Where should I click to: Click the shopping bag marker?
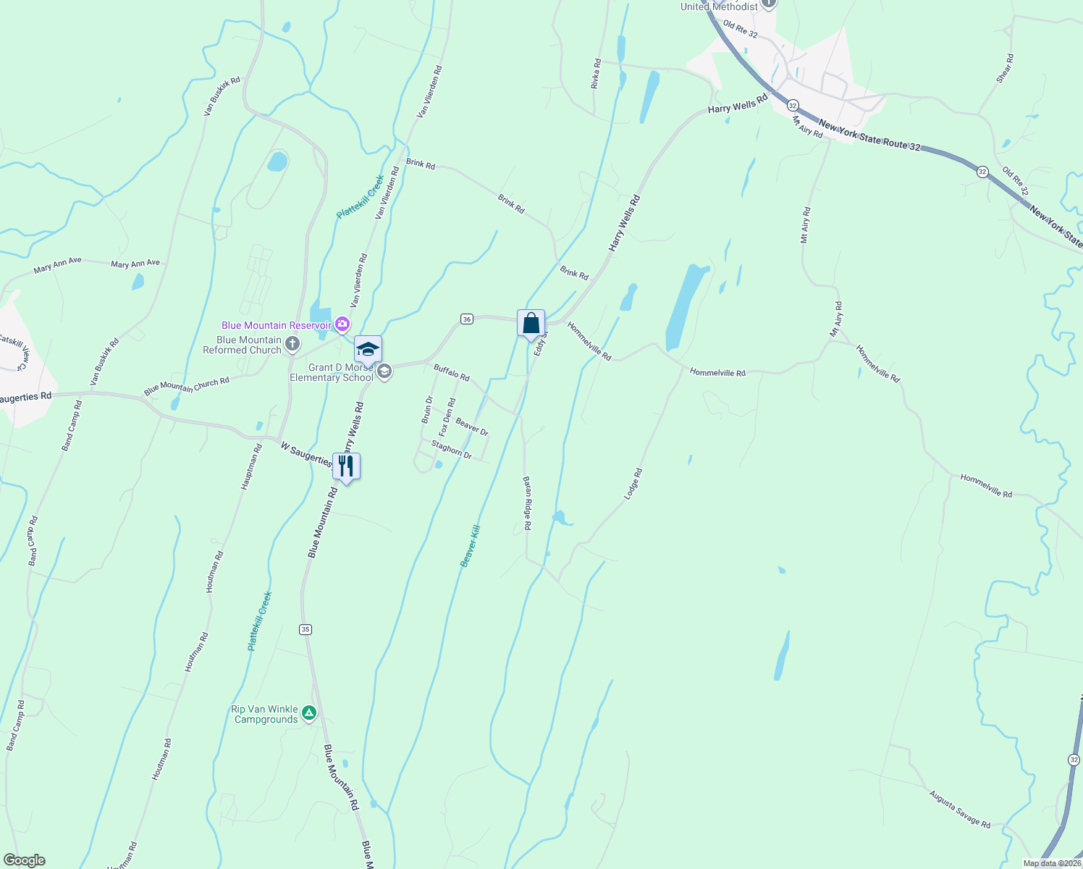[531, 323]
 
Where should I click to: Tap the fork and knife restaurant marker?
[346, 466]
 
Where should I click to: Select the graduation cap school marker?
[368, 350]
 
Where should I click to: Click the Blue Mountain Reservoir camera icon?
[342, 325]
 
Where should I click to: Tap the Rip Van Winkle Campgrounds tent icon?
[309, 713]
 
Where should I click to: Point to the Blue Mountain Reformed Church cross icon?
[292, 344]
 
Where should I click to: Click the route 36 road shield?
[467, 319]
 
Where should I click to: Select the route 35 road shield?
[305, 629]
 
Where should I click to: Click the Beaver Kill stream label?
[471, 546]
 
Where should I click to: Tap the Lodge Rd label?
[633, 484]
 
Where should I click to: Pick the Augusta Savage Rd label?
[960, 808]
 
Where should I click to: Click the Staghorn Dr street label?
[452, 450]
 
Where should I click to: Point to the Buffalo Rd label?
[452, 373]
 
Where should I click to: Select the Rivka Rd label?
[596, 74]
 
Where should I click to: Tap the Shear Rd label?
[1005, 68]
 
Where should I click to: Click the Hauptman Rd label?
[250, 468]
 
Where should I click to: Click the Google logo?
[24, 860]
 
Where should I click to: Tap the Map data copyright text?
[1051, 863]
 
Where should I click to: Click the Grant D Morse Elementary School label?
[332, 372]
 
